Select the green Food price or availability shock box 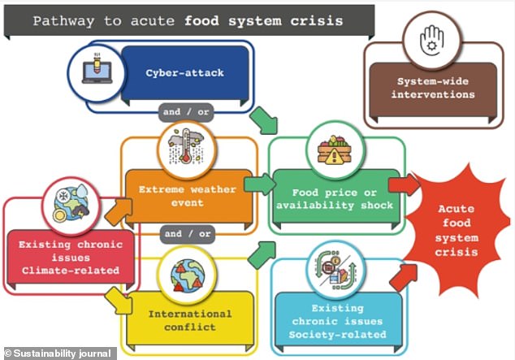(335, 199)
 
